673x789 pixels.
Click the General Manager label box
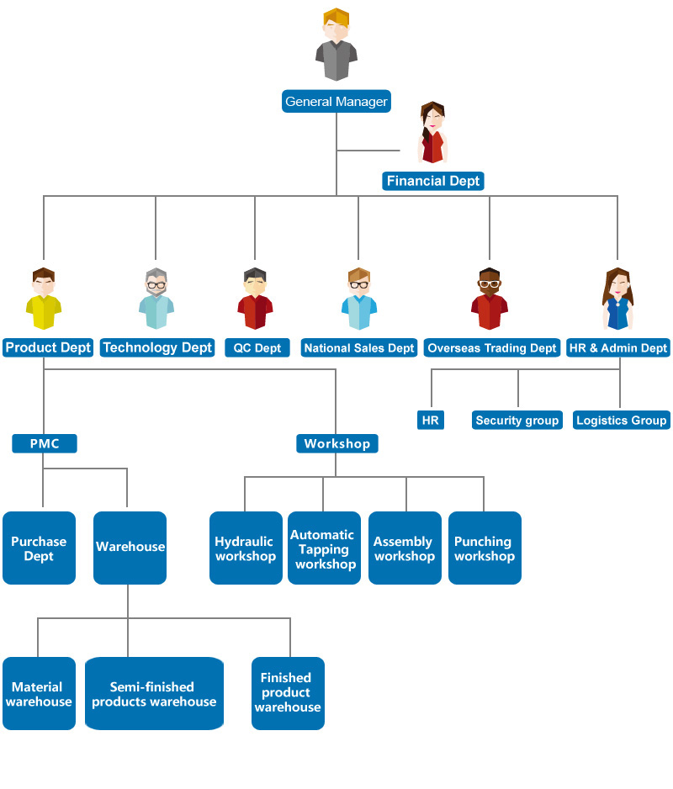pos(336,102)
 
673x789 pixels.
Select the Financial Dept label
pos(433,181)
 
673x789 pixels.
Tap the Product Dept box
pos(48,347)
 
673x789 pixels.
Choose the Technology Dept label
pos(157,347)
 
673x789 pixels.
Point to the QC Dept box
pos(257,347)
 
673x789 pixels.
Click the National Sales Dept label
pos(359,347)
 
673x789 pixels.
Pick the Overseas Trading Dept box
pos(492,347)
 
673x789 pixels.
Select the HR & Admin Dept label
pos(618,347)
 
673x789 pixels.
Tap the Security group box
pos(517,420)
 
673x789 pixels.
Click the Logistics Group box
pos(621,420)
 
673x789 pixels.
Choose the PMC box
pos(45,443)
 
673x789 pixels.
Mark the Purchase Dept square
pos(39,548)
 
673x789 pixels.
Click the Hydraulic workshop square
pos(245,548)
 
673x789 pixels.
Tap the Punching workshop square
pos(484,548)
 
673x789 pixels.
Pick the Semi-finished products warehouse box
pos(154,694)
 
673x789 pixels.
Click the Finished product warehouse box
pos(287,693)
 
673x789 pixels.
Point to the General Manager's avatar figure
pos(336,45)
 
